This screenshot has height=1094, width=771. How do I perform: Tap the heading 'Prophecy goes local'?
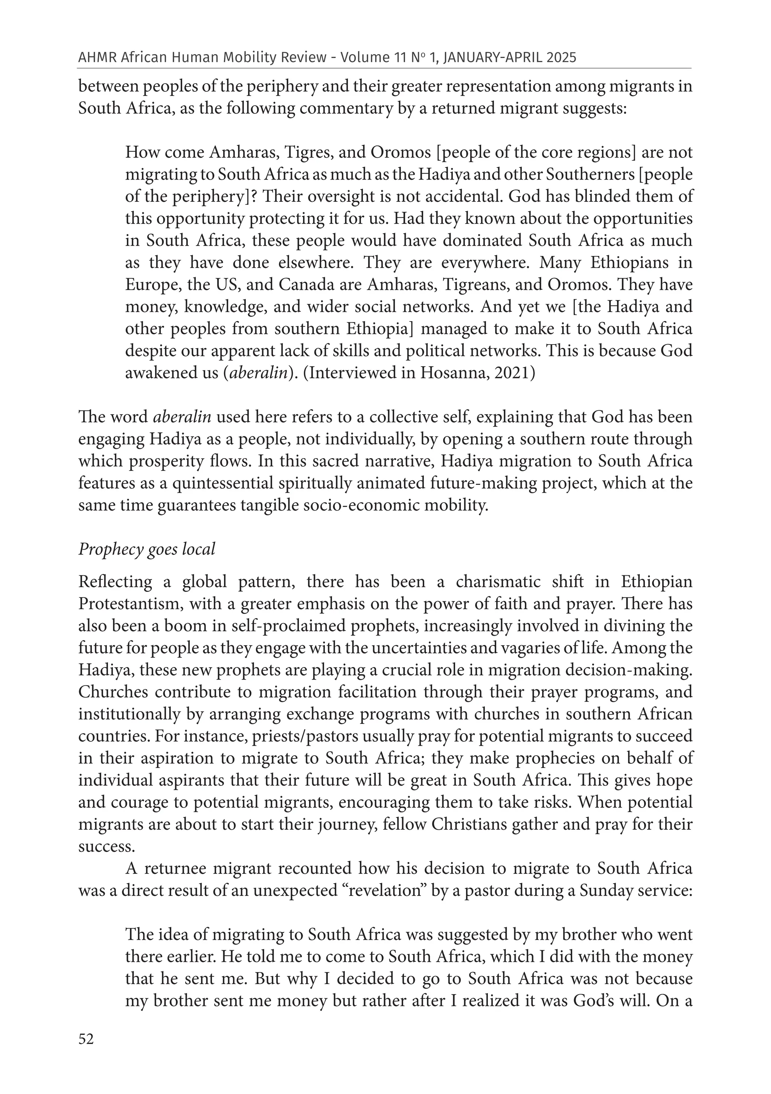tap(147, 549)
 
